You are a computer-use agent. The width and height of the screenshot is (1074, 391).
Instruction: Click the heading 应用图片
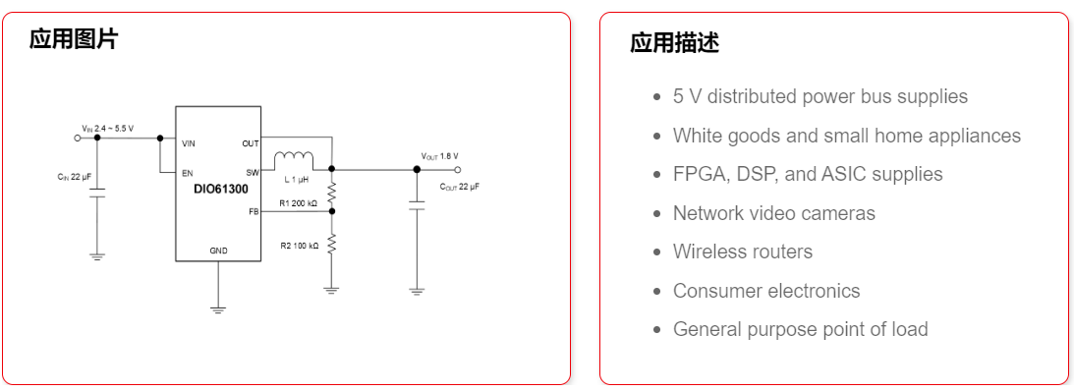(73, 39)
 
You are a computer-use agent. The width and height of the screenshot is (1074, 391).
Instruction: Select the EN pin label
(186, 172)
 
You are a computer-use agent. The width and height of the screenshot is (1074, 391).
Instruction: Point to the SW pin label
(253, 172)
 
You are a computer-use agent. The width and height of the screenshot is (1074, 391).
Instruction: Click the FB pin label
(254, 211)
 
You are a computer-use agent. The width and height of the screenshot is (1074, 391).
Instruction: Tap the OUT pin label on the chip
(251, 142)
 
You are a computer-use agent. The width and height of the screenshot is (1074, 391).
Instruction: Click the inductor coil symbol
(293, 158)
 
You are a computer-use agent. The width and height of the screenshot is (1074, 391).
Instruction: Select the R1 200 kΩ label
(298, 203)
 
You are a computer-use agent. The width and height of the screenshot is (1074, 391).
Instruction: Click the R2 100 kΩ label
(299, 245)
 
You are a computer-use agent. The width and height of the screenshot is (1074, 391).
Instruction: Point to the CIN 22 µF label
(74, 177)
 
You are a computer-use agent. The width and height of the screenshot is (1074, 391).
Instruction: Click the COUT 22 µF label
(459, 186)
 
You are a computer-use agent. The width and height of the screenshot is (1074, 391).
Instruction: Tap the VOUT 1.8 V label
(439, 156)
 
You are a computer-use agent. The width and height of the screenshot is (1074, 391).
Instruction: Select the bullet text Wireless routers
(742, 251)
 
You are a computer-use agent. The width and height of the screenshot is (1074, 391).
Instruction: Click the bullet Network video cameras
(773, 213)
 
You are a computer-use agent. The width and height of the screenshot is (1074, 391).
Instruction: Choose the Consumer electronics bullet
(765, 291)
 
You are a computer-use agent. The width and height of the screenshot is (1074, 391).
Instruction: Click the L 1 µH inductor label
(296, 180)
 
